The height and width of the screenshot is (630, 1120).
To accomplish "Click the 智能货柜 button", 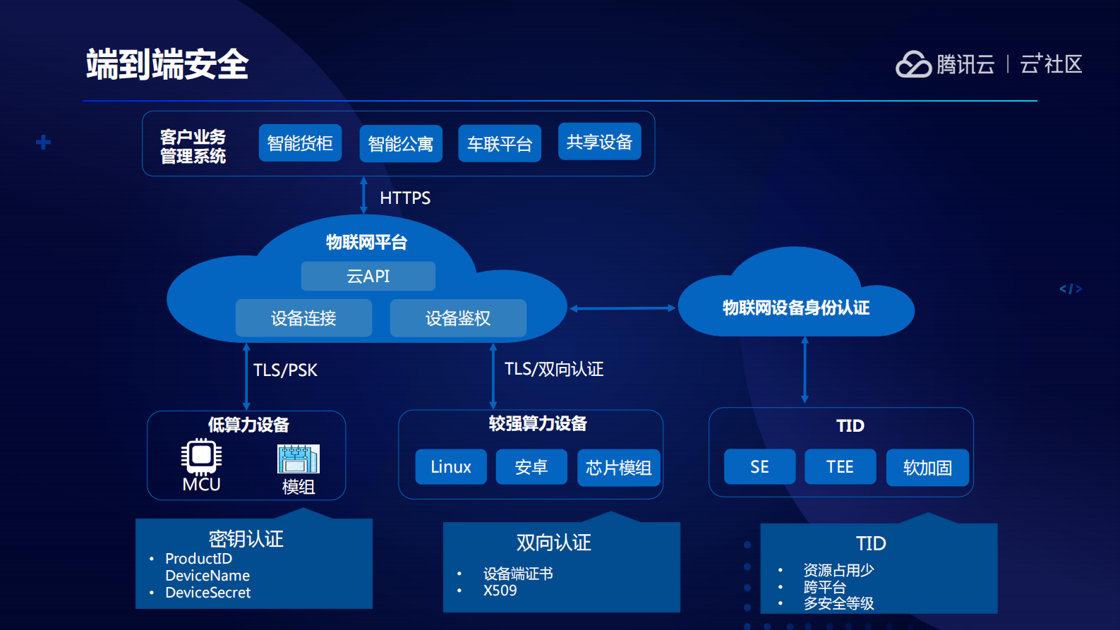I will coord(300,143).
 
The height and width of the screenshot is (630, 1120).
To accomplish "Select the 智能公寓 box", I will coord(401,144).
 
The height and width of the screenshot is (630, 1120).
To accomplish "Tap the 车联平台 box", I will coord(500,144).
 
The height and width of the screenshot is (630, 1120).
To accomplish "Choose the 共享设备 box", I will coord(599,142).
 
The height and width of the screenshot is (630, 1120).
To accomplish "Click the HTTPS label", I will coord(405,198).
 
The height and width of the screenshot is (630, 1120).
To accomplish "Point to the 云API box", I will coord(368,276).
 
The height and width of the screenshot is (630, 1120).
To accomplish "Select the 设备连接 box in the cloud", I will coord(303,318).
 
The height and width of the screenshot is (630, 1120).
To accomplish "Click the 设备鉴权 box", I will coord(458,318).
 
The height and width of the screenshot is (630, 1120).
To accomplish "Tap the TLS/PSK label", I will coord(285,370).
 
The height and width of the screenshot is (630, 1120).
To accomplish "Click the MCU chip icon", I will coord(201,456).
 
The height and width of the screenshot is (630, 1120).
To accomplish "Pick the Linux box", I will coord(451,467).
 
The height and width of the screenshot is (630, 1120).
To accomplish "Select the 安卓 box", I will coord(531,467).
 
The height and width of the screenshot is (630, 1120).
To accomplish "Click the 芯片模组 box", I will coord(618,468).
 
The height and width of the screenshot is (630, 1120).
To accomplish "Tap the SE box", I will coord(759,467).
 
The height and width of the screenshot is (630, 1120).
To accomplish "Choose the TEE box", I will coord(840,467).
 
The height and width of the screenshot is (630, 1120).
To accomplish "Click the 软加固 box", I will coord(927,468).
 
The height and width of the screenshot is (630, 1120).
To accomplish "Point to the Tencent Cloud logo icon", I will coord(913,64).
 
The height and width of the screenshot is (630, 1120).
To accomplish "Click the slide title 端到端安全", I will coord(167,64).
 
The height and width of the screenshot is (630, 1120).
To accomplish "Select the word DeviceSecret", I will coord(207,593).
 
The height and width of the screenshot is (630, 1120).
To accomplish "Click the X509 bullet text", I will coord(500,590).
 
